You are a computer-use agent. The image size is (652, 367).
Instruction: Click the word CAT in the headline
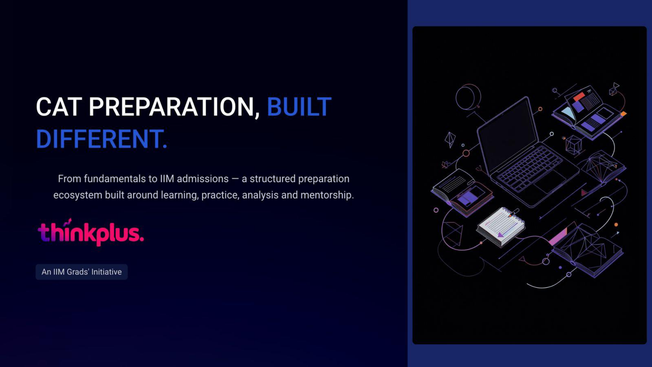tap(59, 107)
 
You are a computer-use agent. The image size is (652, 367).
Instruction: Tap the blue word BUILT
tap(299, 107)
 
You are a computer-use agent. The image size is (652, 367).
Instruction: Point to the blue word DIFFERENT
tap(102, 139)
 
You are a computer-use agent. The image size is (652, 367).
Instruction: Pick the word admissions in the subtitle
tap(203, 179)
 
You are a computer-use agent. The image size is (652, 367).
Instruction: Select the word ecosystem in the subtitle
tap(78, 195)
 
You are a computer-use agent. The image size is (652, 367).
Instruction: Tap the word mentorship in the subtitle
tap(327, 195)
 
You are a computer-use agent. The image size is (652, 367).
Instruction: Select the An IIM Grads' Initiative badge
tap(82, 272)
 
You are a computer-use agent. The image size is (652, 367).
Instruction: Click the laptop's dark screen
tap(508, 135)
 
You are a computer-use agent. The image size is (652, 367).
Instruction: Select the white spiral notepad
tap(501, 227)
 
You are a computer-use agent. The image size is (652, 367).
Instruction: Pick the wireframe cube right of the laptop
tap(573, 145)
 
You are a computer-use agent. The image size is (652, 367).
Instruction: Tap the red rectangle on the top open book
tap(579, 97)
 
